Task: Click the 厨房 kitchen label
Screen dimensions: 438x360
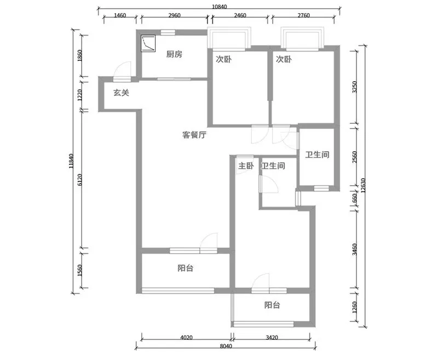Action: point(174,54)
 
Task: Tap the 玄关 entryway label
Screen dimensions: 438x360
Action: point(121,93)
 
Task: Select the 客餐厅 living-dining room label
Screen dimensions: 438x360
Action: point(194,135)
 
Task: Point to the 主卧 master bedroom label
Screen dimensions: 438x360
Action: point(246,165)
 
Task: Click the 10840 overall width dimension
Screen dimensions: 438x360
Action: point(220,7)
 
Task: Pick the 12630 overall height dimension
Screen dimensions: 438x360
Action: point(363,186)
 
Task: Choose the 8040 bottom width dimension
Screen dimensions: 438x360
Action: point(226,346)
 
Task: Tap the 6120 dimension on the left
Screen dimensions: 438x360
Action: point(79,180)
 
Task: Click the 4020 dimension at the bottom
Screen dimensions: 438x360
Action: point(186,338)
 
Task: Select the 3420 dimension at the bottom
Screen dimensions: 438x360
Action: point(272,338)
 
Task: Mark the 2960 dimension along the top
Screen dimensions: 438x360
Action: point(174,15)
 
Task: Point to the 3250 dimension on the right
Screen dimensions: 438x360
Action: point(354,87)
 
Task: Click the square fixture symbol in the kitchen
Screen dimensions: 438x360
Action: point(148,44)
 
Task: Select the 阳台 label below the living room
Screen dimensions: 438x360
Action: point(186,268)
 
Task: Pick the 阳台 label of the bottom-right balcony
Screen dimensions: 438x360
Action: point(272,305)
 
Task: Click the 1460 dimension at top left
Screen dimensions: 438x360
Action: point(120,15)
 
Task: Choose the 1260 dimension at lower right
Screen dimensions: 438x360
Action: point(354,307)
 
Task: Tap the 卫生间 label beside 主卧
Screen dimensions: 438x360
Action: point(273,165)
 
